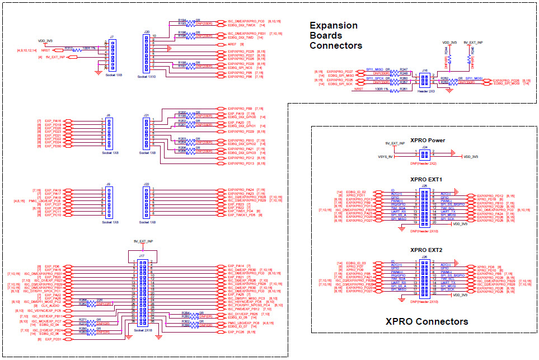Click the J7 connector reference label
point(112,37)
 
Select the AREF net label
point(232,44)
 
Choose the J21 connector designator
point(147,115)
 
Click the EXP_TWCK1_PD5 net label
point(241,214)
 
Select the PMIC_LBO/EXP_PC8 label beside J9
point(45,201)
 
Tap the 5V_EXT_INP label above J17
point(143,241)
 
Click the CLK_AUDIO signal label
point(51,305)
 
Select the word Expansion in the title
point(333,25)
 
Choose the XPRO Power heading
point(427,141)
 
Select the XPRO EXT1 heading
point(426,180)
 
